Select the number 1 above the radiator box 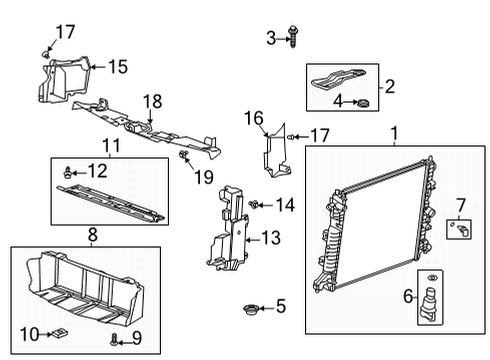click(393, 133)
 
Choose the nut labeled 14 click(257, 205)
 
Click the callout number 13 click(271, 237)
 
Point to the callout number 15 click(118, 67)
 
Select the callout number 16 click(253, 118)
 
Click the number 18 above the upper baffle click(152, 100)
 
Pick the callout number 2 click(390, 86)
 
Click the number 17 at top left click(65, 31)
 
